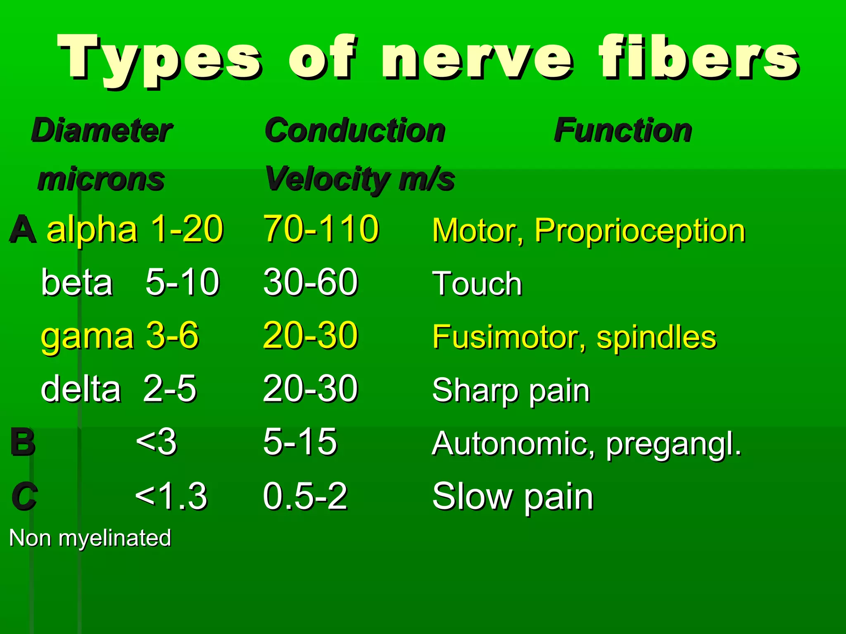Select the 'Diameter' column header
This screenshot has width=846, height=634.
(x=101, y=130)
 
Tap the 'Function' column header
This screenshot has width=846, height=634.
(x=623, y=130)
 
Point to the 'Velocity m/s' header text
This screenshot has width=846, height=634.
(x=359, y=179)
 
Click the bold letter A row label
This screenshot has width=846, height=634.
(x=23, y=229)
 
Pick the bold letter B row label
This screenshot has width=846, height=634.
(x=23, y=442)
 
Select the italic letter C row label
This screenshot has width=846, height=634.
(x=24, y=496)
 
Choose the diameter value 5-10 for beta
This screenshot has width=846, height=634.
(x=182, y=282)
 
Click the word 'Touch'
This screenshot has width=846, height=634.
(x=477, y=284)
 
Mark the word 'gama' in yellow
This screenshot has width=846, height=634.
(x=87, y=336)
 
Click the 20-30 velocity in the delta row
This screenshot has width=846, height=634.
(x=310, y=389)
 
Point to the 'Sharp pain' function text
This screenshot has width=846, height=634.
(x=511, y=390)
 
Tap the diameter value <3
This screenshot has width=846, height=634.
(x=156, y=442)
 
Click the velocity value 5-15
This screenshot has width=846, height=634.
(x=300, y=442)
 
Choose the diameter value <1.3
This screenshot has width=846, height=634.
(x=171, y=496)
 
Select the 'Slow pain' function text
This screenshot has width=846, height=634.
(x=512, y=497)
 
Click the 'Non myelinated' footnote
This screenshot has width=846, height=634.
(x=90, y=538)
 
